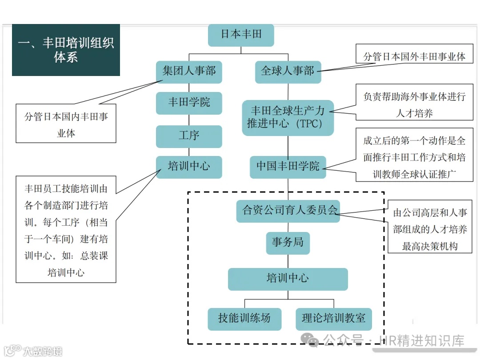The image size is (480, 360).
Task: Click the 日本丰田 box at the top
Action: coord(241,35)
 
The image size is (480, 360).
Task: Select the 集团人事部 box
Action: coord(189,71)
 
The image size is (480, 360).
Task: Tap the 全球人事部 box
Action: coord(288,72)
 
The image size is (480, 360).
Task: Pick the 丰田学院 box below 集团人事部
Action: coord(189,103)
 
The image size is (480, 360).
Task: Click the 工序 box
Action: coord(189,136)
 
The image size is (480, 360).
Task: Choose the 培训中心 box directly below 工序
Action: coord(189,167)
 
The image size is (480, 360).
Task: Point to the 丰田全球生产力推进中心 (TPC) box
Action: coord(288,118)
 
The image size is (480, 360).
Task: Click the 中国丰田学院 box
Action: coord(288,167)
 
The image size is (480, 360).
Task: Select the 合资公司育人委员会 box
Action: coord(288,211)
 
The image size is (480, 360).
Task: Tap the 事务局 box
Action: coord(288,243)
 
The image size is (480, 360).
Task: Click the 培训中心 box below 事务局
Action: coord(288,279)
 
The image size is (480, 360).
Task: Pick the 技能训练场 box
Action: coord(244,319)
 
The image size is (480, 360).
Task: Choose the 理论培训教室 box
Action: coord(333,319)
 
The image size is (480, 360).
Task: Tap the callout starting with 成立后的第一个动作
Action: coord(414,156)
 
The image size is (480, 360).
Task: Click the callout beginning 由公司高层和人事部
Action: coord(430,229)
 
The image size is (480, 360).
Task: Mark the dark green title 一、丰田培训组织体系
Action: coord(66,50)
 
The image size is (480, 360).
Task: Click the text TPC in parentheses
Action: coord(311,124)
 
